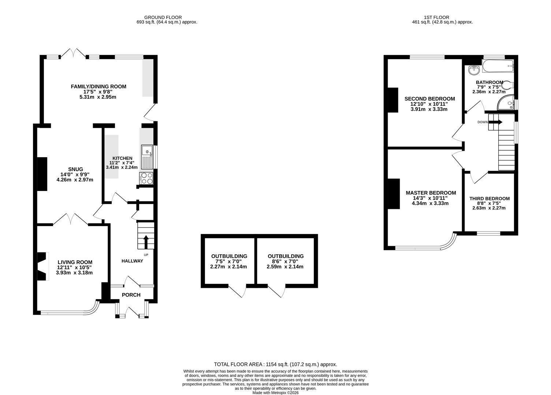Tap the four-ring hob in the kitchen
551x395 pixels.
(147, 178)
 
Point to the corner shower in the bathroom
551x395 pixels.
(507, 104)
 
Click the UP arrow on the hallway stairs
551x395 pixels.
(146, 242)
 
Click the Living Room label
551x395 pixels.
(75, 262)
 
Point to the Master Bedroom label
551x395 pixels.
(431, 193)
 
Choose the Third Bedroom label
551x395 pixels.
(489, 199)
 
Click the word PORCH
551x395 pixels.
(131, 295)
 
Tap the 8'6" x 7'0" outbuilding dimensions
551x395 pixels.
(285, 262)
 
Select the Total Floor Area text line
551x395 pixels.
(275, 364)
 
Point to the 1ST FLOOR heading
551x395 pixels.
(436, 17)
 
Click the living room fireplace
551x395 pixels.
(43, 266)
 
